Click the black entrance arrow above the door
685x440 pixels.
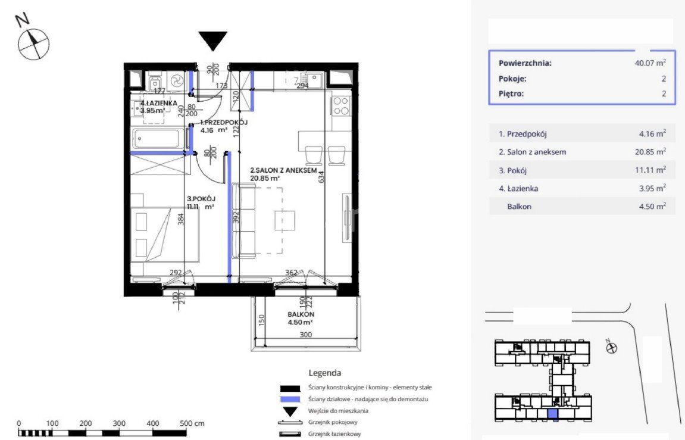click(x=212, y=40)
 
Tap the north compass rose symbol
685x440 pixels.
click(x=33, y=43)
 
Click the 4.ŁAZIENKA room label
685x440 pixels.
click(x=158, y=103)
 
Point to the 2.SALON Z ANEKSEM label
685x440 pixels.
click(x=283, y=170)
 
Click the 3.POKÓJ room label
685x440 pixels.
click(x=201, y=199)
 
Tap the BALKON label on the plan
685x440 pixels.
click(x=301, y=314)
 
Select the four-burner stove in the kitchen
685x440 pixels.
click(x=341, y=106)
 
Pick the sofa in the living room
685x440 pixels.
click(x=244, y=221)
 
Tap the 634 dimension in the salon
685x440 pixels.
click(x=321, y=176)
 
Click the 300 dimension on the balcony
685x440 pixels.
click(x=306, y=335)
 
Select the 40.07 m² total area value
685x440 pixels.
click(x=650, y=63)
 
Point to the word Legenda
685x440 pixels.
click(x=324, y=373)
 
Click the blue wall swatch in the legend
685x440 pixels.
click(x=290, y=399)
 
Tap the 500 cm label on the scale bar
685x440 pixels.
click(x=192, y=423)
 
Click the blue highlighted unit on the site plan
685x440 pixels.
click(x=553, y=414)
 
